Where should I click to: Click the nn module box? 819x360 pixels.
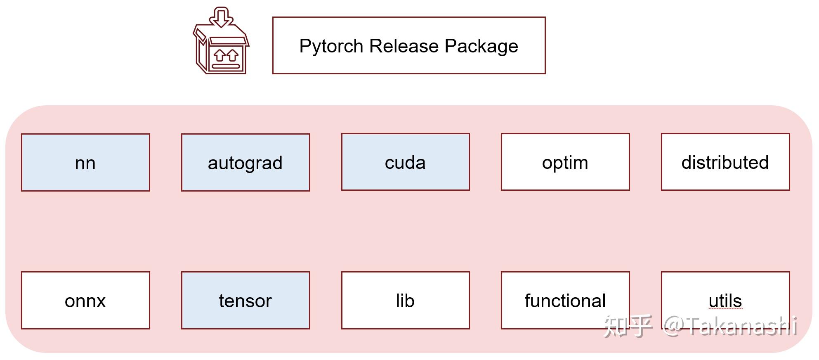click(x=85, y=162)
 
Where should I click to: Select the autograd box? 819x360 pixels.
click(x=245, y=162)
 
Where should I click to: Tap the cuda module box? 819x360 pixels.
click(x=405, y=162)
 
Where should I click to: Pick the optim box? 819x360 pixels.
click(x=565, y=162)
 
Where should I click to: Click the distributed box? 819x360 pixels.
click(x=725, y=162)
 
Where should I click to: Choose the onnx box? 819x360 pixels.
click(x=85, y=300)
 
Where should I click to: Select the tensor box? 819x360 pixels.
click(x=245, y=300)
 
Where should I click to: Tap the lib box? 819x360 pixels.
click(x=405, y=300)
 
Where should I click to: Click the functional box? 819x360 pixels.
click(x=565, y=300)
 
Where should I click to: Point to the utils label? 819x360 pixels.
click(x=725, y=300)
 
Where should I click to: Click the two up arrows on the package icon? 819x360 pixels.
click(x=226, y=55)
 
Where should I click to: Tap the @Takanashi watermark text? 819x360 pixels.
click(x=730, y=327)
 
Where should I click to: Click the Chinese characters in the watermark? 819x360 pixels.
click(x=628, y=327)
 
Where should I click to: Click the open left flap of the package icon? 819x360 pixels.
click(x=200, y=35)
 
